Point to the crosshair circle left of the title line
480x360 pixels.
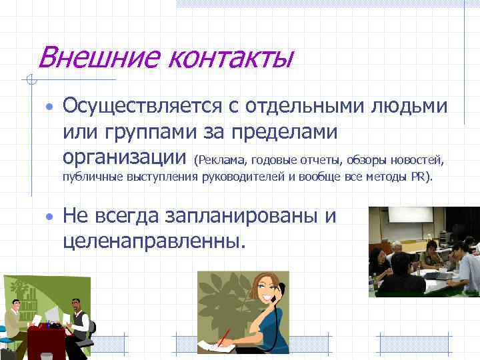(x=29, y=81)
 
